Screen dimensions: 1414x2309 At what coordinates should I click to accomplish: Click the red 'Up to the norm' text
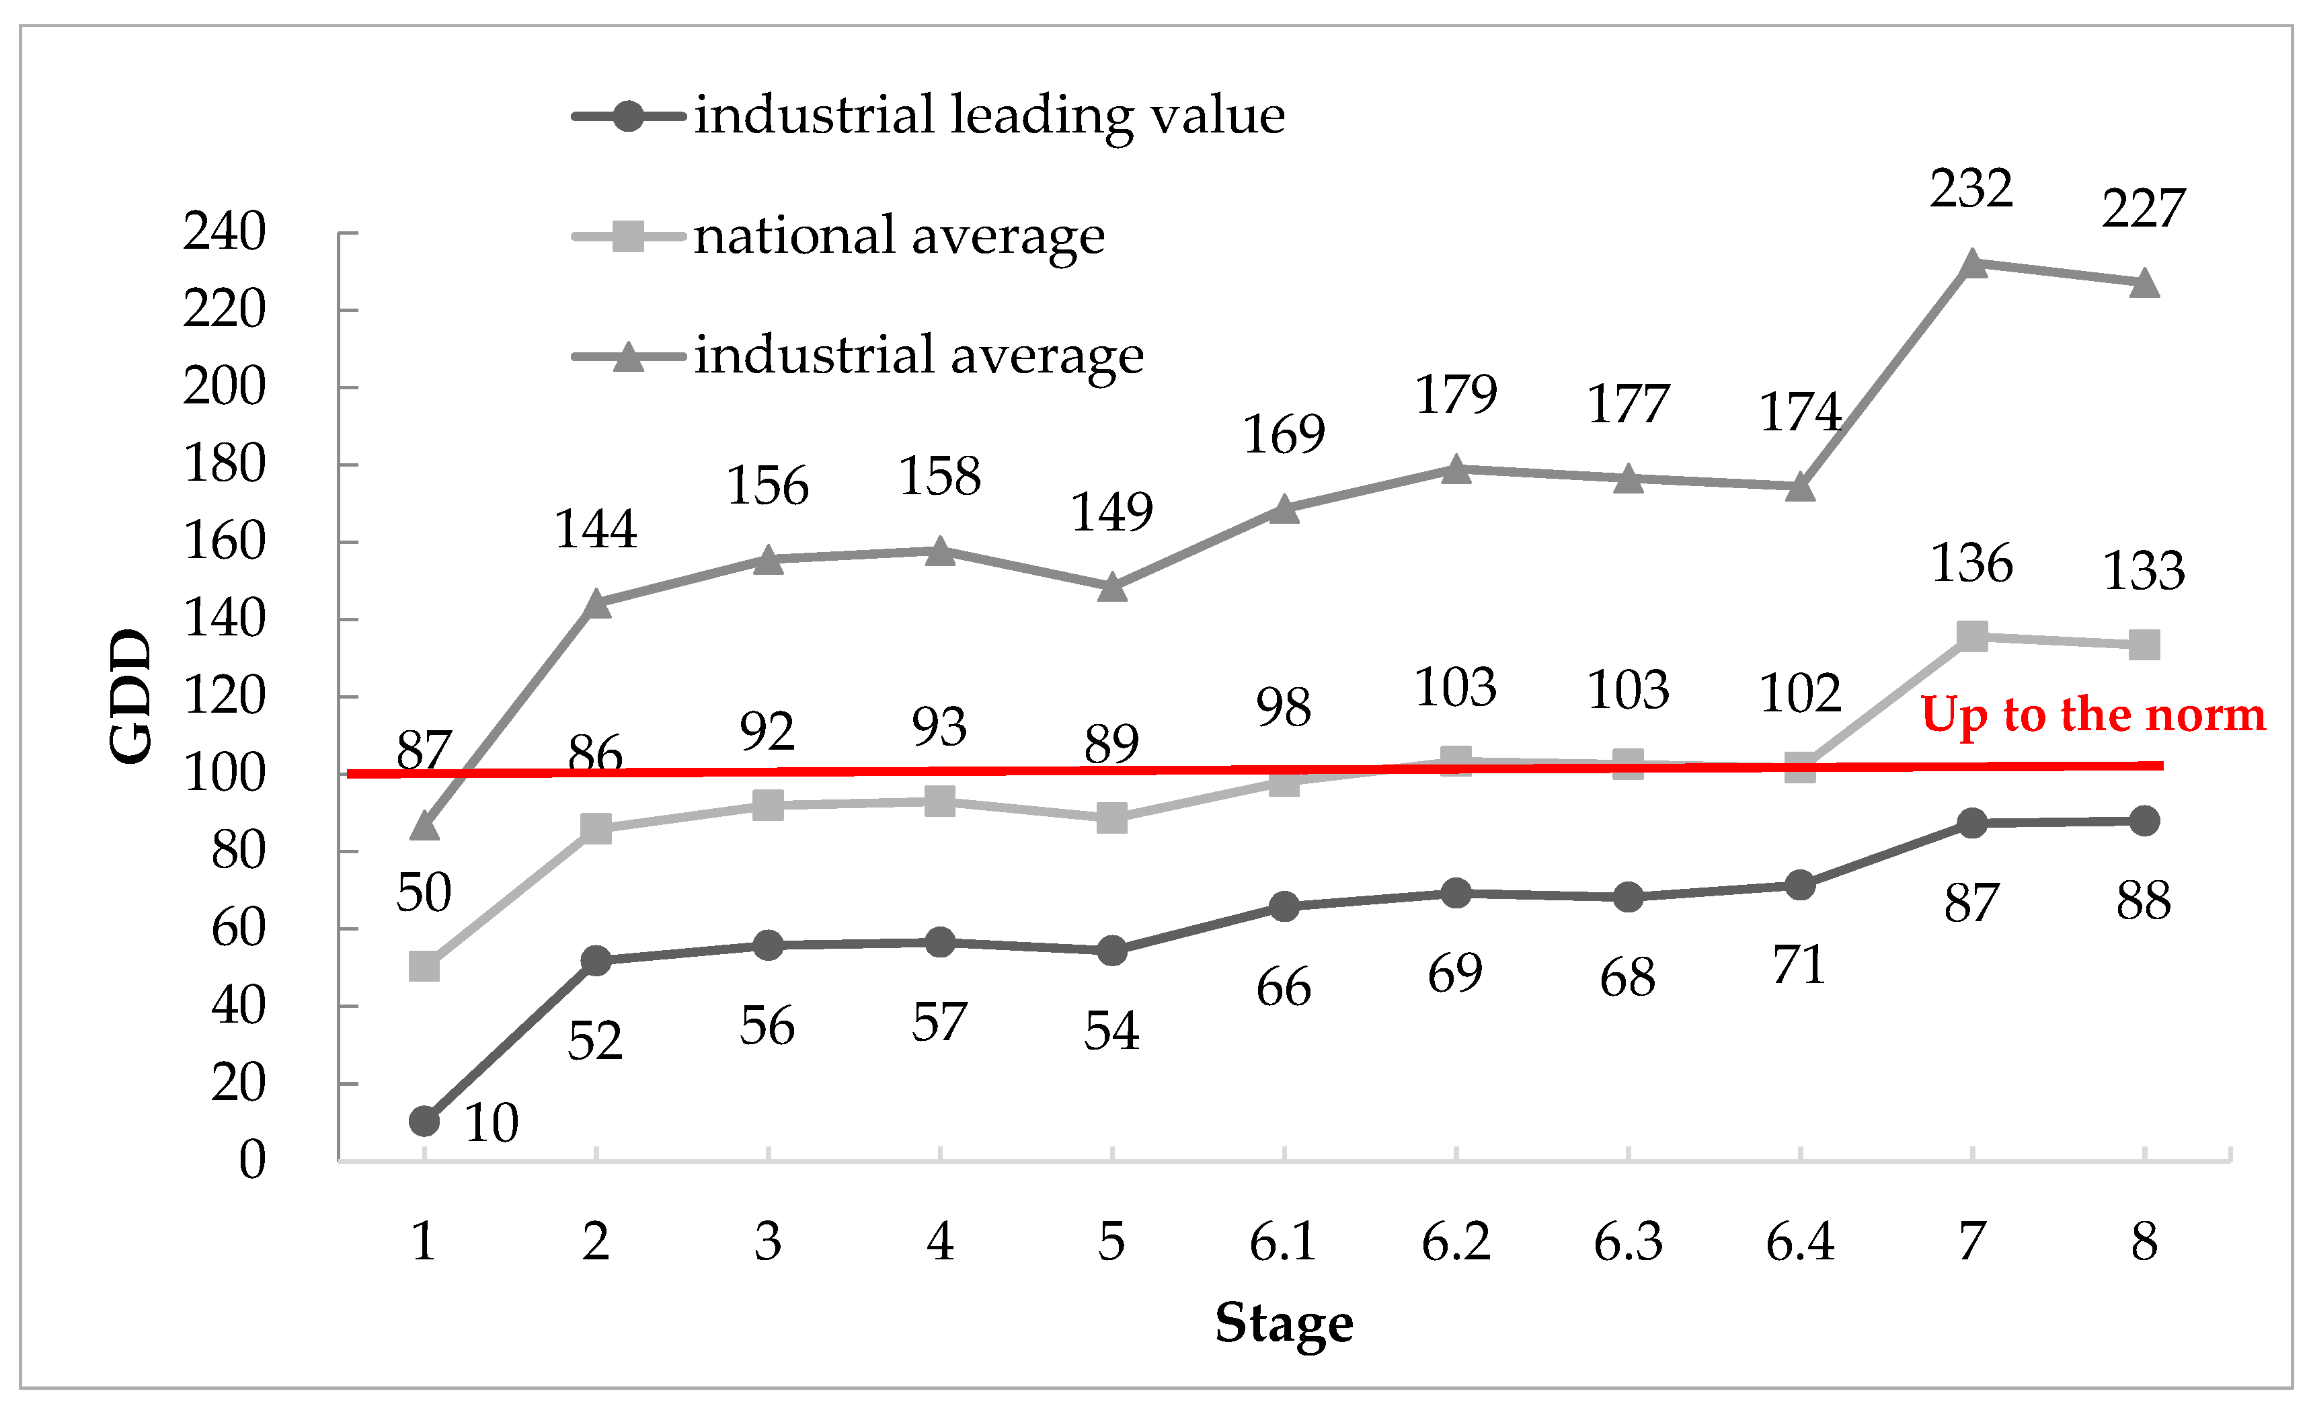(x=2092, y=715)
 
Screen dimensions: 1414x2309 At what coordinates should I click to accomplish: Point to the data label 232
(x=1971, y=190)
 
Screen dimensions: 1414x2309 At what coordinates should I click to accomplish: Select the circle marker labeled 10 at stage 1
(x=424, y=1121)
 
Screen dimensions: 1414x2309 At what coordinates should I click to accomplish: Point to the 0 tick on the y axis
(x=252, y=1160)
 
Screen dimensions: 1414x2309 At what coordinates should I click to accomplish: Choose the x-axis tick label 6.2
(x=1455, y=1243)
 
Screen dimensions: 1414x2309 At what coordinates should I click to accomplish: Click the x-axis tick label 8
(x=2144, y=1243)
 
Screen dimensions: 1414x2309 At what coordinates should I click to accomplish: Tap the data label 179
(x=1455, y=395)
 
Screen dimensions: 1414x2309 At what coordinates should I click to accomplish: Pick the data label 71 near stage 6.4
(x=1799, y=966)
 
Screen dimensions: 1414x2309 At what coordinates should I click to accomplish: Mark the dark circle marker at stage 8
(x=2144, y=821)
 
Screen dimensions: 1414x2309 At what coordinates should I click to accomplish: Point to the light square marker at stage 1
(x=424, y=966)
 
